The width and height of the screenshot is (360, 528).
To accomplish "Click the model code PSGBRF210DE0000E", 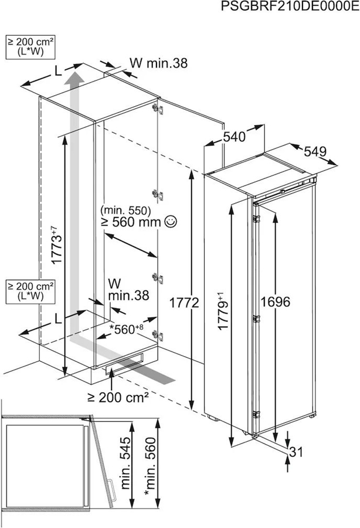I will [290, 6].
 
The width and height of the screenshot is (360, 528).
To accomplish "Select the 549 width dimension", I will [314, 151].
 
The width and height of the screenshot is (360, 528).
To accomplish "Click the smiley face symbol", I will [171, 221].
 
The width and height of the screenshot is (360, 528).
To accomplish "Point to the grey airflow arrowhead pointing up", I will [74, 79].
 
